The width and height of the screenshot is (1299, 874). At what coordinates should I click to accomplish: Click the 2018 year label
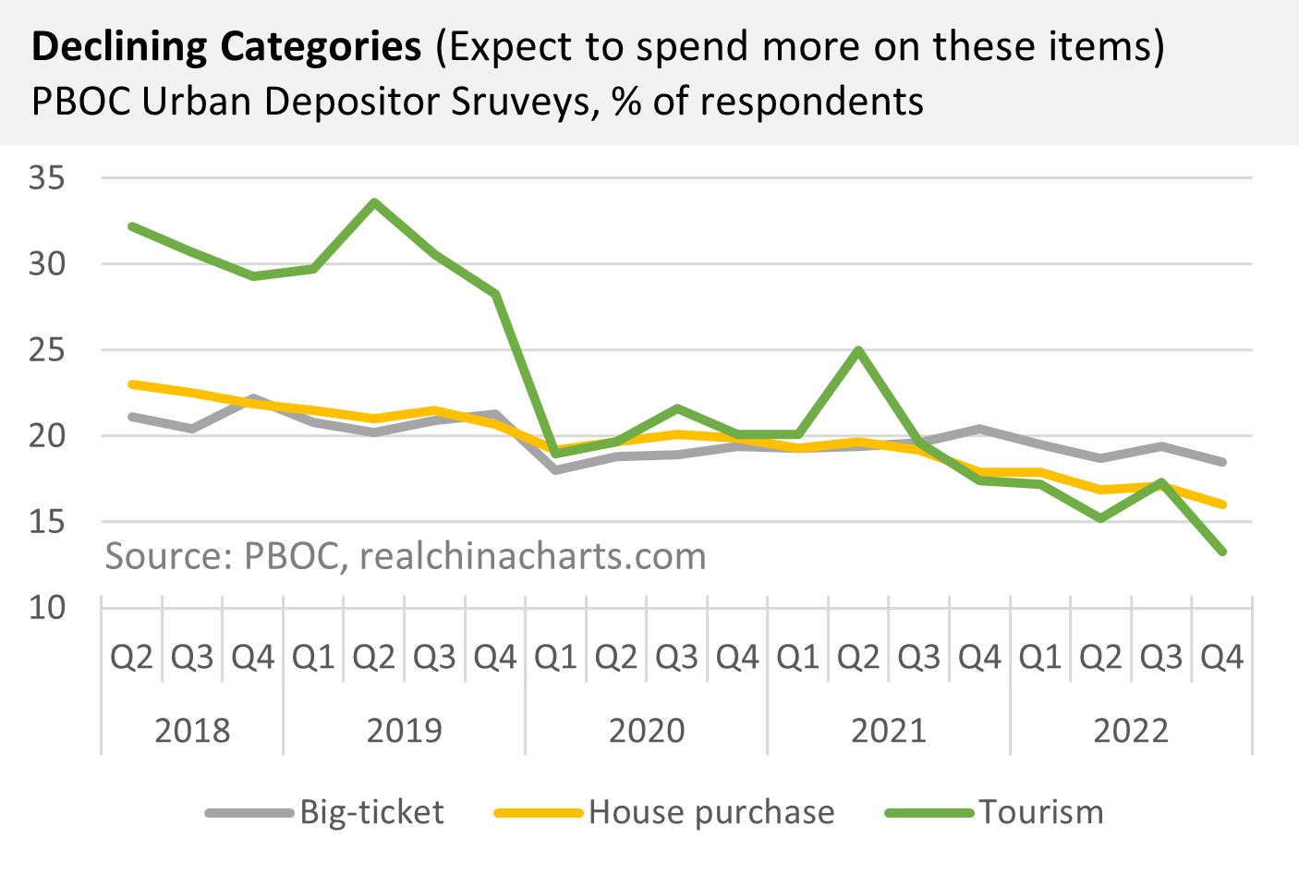192,731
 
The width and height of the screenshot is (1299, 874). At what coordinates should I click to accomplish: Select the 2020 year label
647,731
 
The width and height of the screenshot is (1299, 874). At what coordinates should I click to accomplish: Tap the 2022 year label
1131,731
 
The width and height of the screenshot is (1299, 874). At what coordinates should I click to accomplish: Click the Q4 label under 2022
1221,658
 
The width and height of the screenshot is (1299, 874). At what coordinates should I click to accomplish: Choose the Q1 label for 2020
555,658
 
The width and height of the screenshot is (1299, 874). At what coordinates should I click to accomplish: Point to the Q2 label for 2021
858,658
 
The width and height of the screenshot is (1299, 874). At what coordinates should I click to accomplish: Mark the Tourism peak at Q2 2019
374,201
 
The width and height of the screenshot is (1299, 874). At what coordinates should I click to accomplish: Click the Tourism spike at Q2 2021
858,350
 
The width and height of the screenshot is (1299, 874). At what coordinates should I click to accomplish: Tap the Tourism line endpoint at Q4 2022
1221,552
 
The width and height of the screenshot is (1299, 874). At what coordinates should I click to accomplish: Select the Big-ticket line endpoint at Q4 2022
1221,462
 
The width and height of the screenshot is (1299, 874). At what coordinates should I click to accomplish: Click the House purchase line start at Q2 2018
132,383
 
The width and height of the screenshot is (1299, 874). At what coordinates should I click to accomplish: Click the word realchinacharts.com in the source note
532,556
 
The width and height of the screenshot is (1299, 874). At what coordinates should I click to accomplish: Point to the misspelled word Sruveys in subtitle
524,102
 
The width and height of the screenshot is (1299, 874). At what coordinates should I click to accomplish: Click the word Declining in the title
118,46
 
